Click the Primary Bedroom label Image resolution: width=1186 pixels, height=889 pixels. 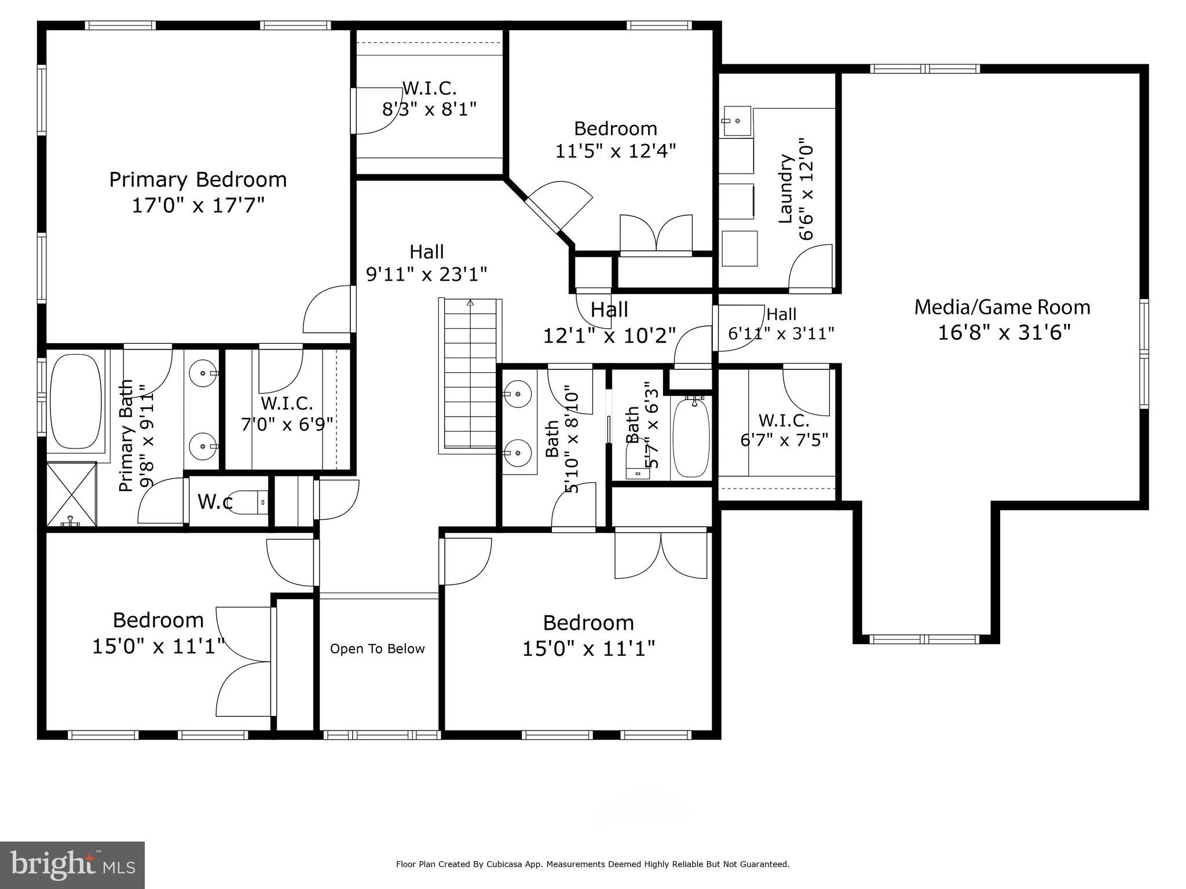(198, 180)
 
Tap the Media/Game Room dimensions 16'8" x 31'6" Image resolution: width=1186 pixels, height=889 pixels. (1004, 333)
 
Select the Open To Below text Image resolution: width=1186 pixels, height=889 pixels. (377, 649)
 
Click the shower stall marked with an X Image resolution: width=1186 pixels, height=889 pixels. (71, 494)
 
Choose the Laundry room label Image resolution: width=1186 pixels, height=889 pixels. (785, 189)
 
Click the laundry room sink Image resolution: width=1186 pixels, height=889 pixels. (736, 121)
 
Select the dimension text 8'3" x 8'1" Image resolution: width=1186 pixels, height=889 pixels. (429, 109)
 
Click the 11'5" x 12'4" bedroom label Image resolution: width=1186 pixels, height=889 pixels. (616, 139)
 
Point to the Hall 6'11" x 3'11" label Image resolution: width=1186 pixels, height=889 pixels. (781, 324)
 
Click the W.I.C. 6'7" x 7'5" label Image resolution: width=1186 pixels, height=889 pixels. (784, 430)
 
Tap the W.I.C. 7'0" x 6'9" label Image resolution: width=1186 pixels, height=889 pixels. (287, 414)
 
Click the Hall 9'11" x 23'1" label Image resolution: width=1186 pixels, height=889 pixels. (427, 263)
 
